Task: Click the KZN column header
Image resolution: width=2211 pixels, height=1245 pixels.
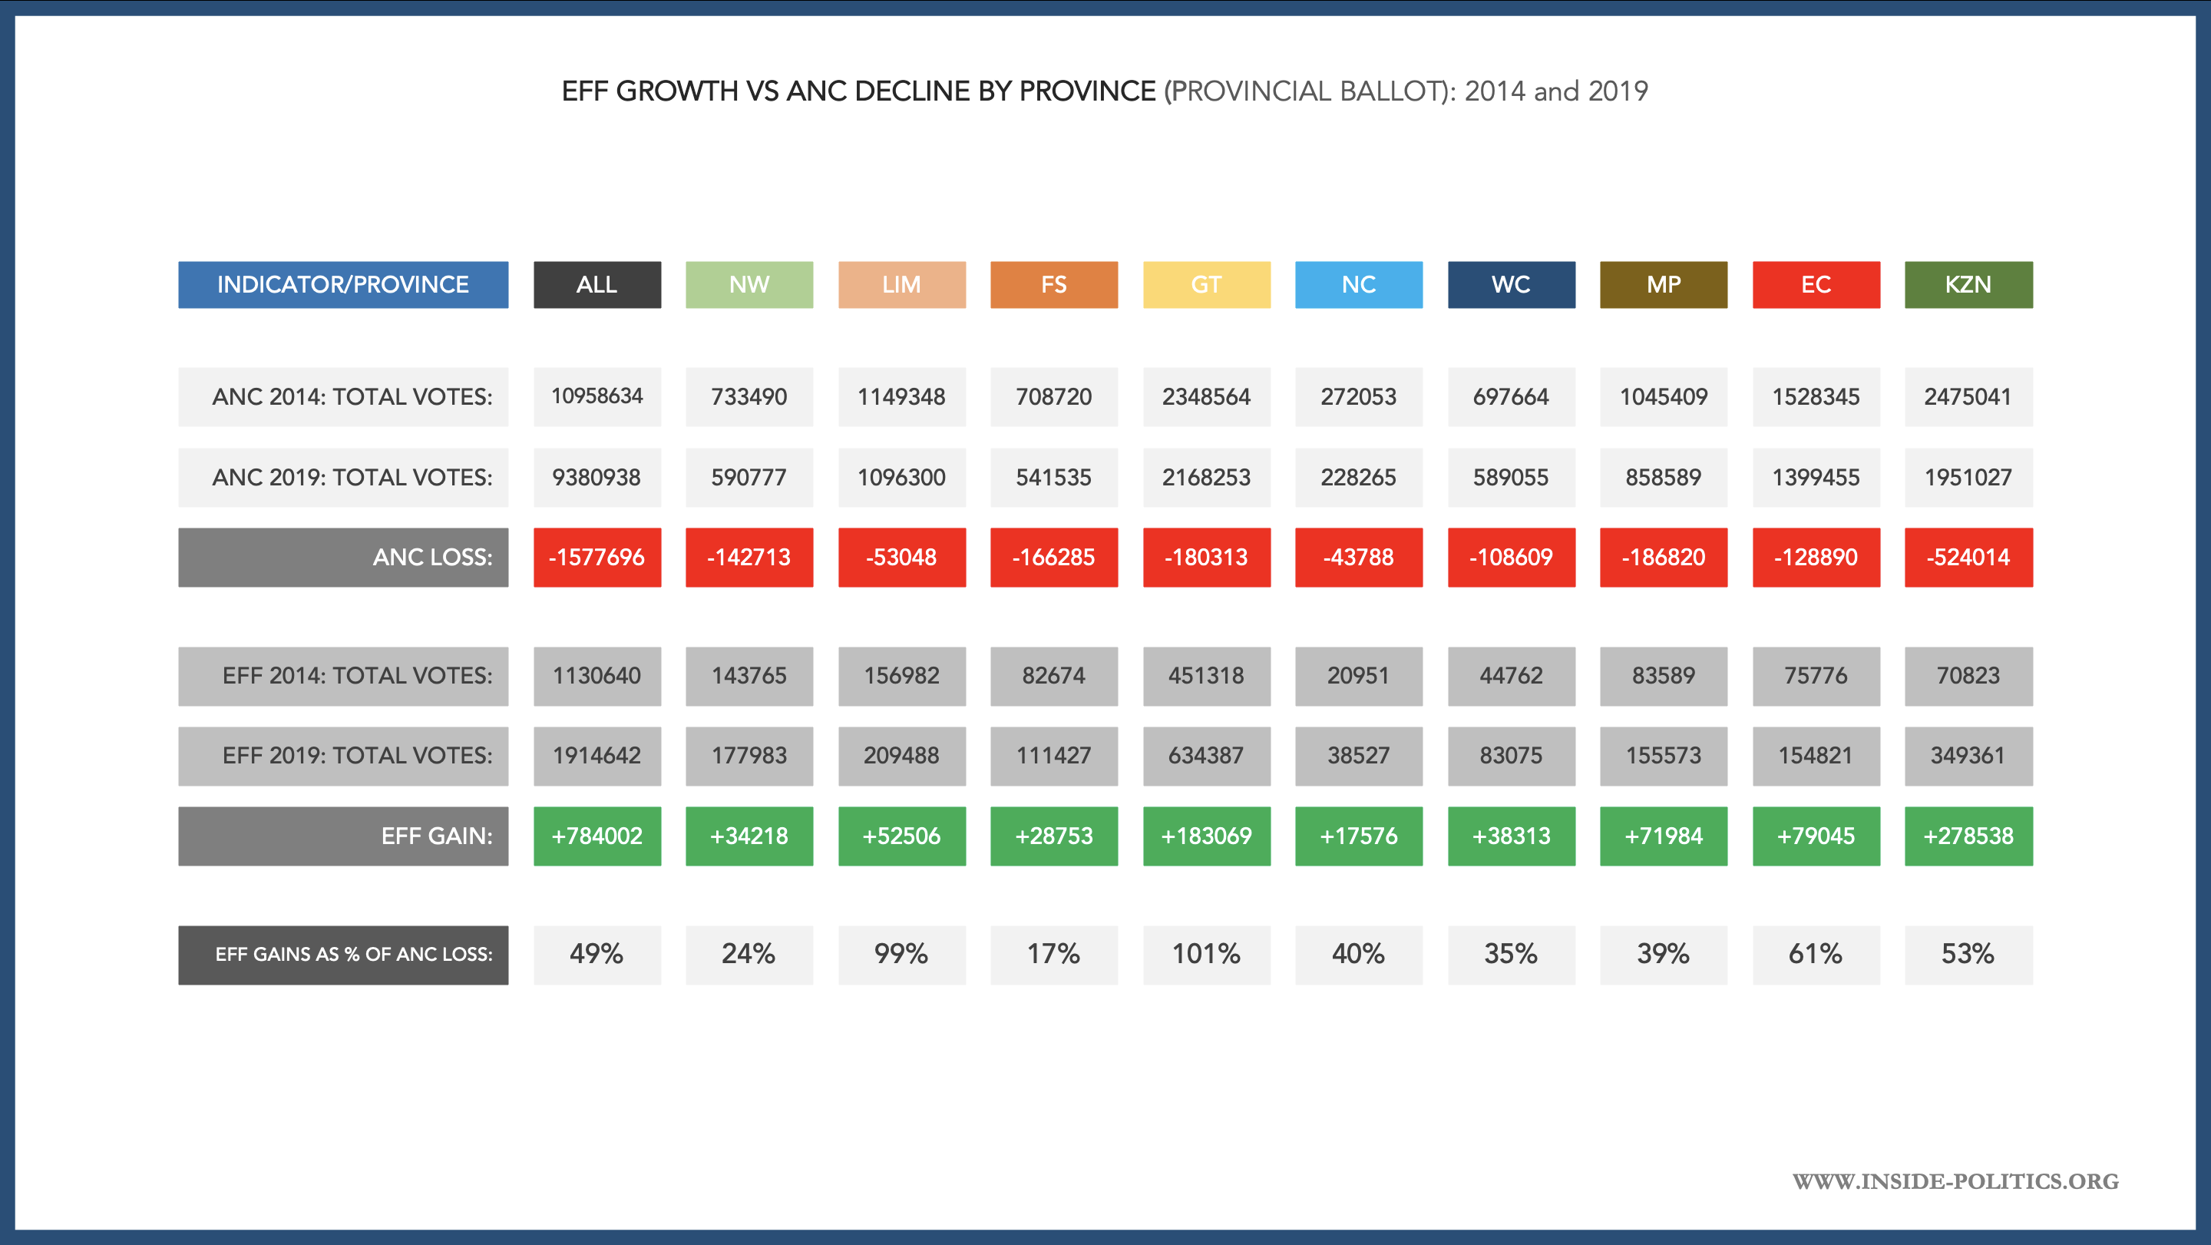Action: tap(1968, 284)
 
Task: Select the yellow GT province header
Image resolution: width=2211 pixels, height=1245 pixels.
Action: tap(1206, 284)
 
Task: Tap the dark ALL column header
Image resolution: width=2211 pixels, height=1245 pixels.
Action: tap(597, 284)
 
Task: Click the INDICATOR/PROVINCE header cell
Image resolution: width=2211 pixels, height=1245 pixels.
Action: tap(342, 284)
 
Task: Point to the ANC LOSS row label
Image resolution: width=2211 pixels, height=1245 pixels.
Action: tap(342, 558)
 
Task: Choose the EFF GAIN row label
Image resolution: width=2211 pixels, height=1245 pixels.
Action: tap(342, 836)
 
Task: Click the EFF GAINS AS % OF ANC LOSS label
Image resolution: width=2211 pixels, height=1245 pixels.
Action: tap(342, 954)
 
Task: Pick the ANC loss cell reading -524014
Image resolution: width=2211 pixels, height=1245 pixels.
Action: tap(1968, 558)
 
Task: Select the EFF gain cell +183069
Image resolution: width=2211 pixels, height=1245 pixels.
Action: tap(1206, 836)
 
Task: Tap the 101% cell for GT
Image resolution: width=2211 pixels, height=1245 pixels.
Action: tap(1206, 954)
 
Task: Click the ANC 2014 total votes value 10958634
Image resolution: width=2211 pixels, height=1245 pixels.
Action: tap(597, 396)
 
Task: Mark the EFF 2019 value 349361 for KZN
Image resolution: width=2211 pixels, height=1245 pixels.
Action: tap(1968, 756)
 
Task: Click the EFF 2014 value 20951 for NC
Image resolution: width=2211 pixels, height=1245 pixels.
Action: tap(1358, 676)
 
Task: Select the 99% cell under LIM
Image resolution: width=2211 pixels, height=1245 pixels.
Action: tap(901, 954)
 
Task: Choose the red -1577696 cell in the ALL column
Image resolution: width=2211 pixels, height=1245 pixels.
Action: tap(597, 558)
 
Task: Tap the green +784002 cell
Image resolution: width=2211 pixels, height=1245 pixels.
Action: tap(597, 836)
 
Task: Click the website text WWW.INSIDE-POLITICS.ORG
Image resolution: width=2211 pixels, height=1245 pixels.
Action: tap(1955, 1181)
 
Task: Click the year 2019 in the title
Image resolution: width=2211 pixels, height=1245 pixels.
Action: tap(1618, 91)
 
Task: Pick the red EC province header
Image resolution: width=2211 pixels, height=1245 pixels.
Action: tap(1816, 284)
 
